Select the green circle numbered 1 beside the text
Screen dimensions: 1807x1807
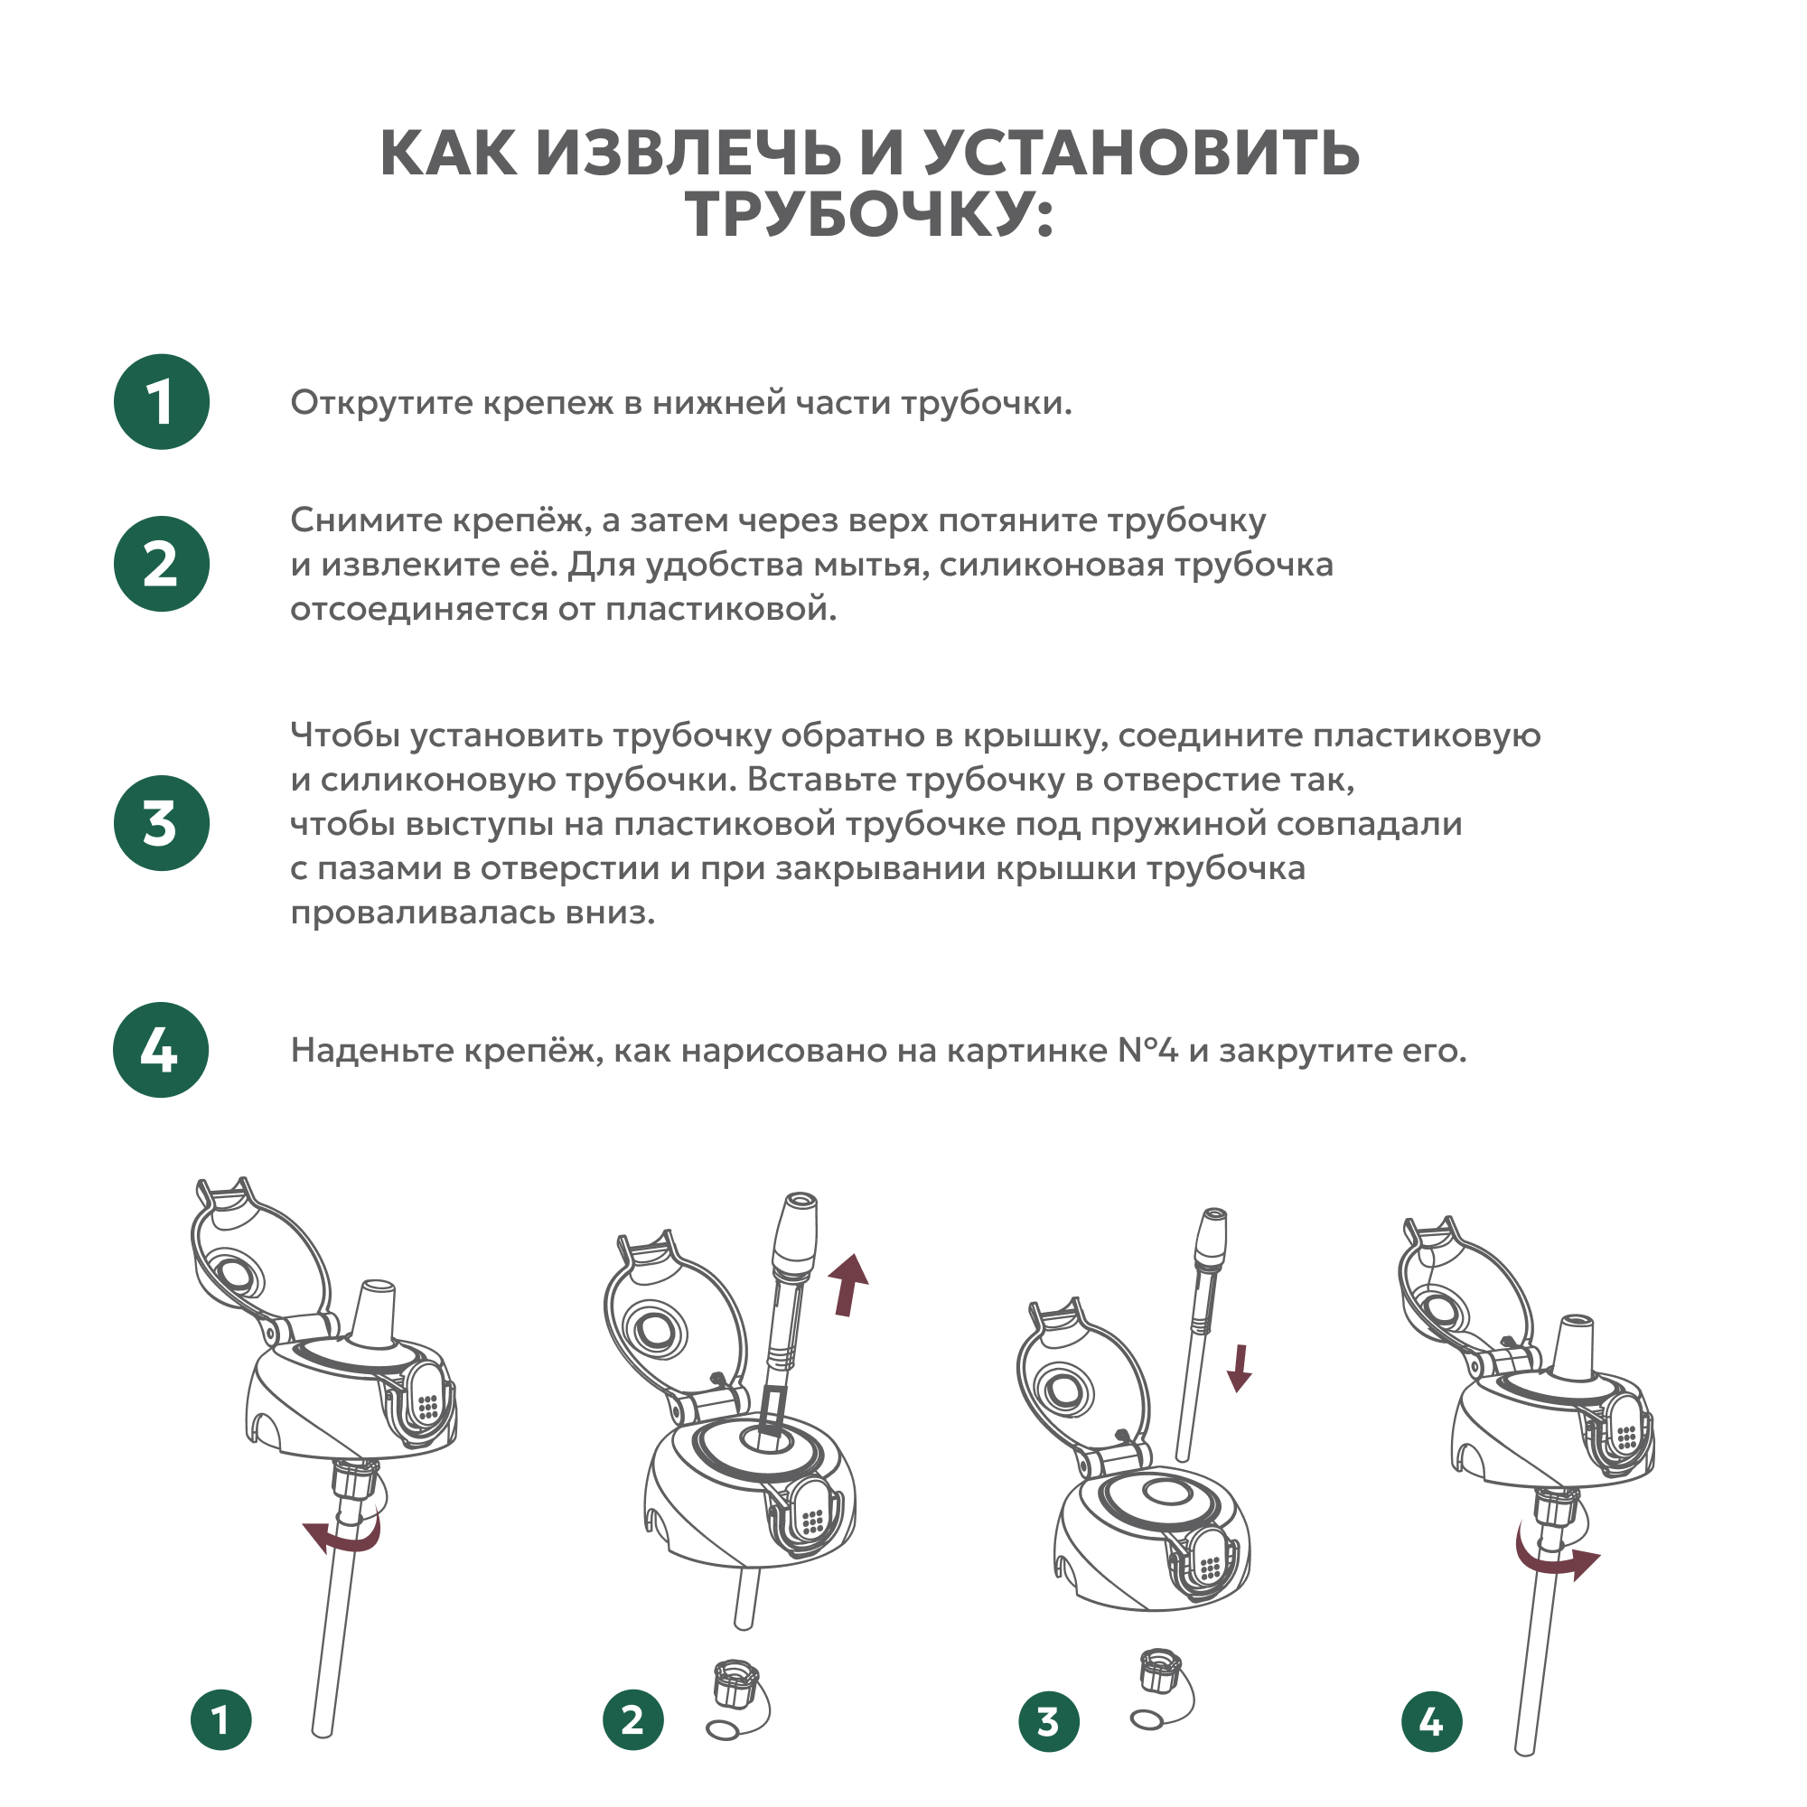tap(162, 402)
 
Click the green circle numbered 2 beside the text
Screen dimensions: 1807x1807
tap(162, 564)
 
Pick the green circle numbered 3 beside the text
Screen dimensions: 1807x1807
tap(162, 823)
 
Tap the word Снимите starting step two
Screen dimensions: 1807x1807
tap(365, 520)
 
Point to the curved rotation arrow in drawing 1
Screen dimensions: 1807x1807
tap(344, 1535)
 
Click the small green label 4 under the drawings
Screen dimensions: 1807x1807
tap(1432, 1722)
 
